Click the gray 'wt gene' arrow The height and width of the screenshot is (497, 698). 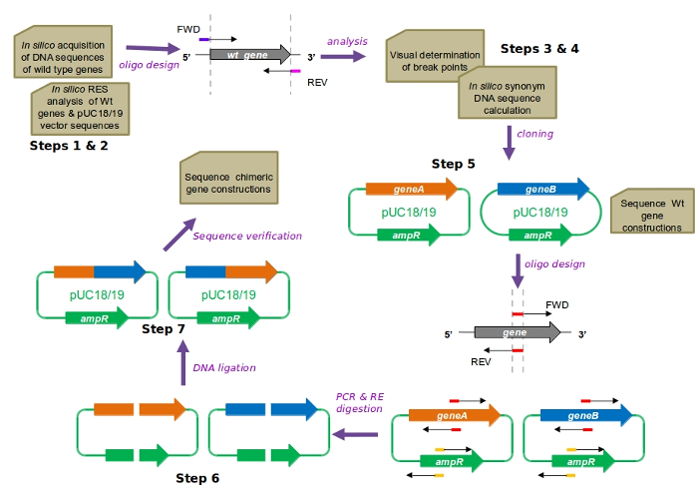click(250, 54)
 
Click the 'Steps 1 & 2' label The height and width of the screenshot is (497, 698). click(69, 146)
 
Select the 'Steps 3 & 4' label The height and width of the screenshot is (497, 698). click(540, 49)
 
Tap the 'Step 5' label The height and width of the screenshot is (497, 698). click(454, 164)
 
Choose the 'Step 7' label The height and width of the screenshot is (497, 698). click(164, 329)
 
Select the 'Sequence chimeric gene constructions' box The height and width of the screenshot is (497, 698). click(228, 182)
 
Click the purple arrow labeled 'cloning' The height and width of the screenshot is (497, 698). click(510, 146)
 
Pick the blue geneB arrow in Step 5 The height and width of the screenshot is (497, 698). click(542, 189)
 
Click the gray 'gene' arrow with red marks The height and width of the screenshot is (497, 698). click(517, 333)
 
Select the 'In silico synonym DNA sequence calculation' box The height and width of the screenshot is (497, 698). click(513, 98)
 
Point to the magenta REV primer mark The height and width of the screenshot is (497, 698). click(295, 72)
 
